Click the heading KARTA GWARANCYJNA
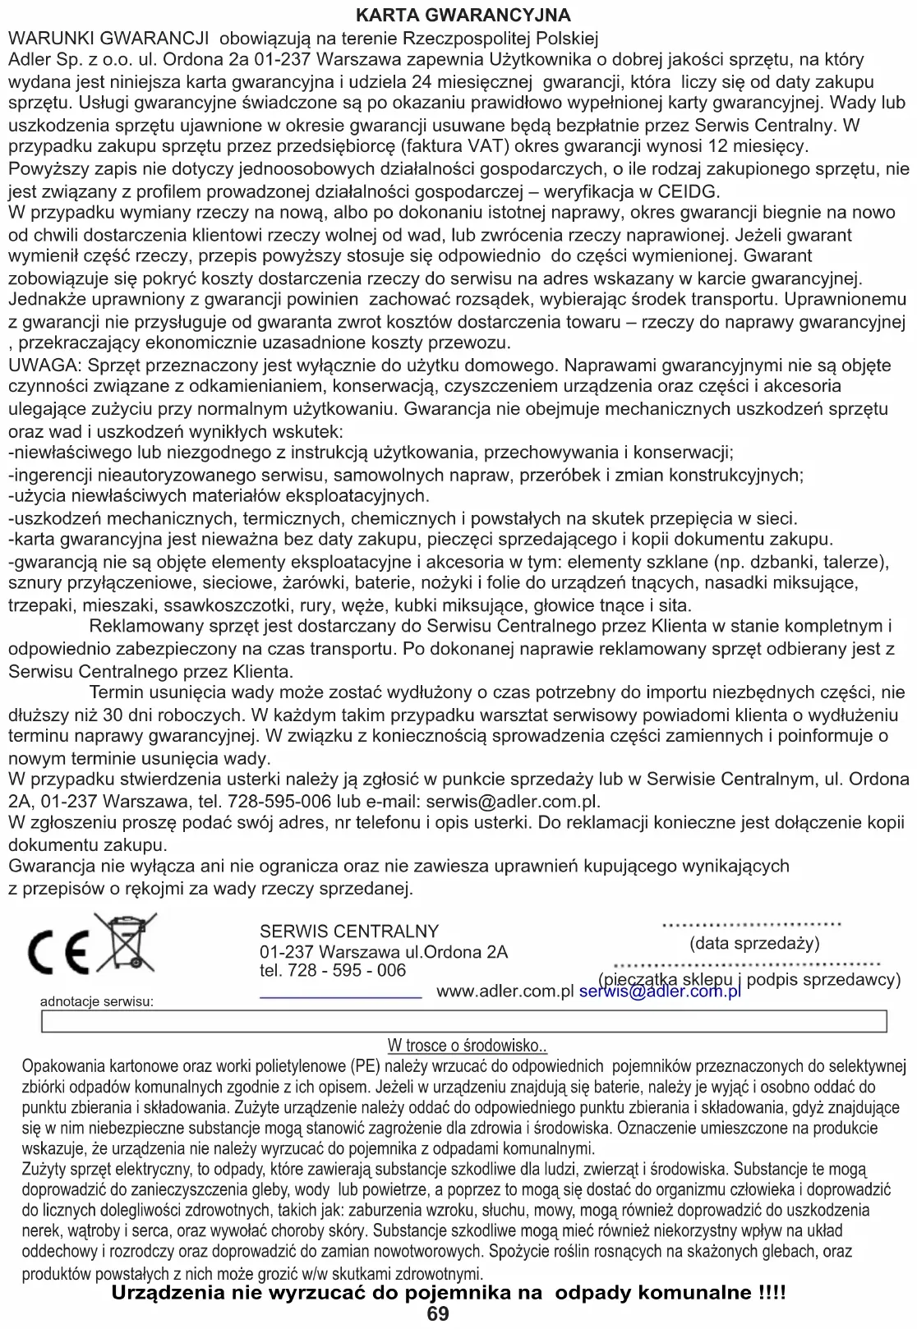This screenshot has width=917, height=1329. click(x=463, y=16)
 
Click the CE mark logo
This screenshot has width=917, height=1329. click(x=58, y=952)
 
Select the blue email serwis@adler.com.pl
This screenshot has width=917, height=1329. click(x=660, y=991)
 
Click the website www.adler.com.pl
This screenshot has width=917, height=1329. click(x=505, y=991)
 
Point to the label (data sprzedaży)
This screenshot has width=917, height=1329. click(x=754, y=943)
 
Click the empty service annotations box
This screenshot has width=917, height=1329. click(x=463, y=1021)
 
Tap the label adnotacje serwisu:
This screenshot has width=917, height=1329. click(x=97, y=1001)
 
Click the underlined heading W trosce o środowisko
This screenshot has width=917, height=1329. click(x=468, y=1046)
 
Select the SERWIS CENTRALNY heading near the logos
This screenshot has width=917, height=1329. click(x=349, y=931)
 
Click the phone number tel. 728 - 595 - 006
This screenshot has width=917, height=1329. click(x=333, y=971)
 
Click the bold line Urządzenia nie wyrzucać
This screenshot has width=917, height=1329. click(x=449, y=1293)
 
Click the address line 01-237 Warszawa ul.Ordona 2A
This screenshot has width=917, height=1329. click(x=384, y=952)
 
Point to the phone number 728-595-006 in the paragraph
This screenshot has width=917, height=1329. click(x=279, y=801)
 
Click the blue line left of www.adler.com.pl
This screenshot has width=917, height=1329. click(x=340, y=996)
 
